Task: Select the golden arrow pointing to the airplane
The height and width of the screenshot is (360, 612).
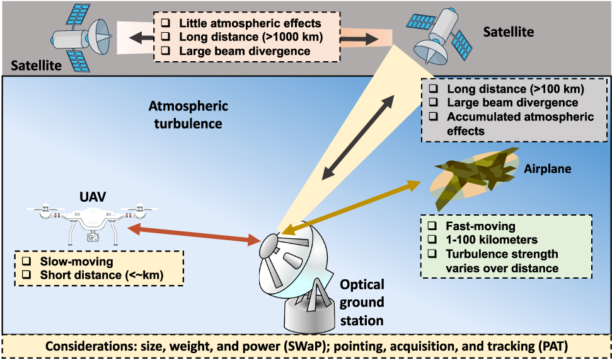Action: pyautogui.click(x=350, y=208)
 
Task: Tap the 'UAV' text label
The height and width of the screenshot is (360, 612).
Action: pyautogui.click(x=93, y=197)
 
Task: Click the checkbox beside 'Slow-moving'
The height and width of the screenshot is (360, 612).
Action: pyautogui.click(x=26, y=260)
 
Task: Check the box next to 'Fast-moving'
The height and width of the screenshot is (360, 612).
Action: pyautogui.click(x=432, y=226)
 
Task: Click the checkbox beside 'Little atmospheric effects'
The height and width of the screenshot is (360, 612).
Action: pyautogui.click(x=165, y=23)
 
